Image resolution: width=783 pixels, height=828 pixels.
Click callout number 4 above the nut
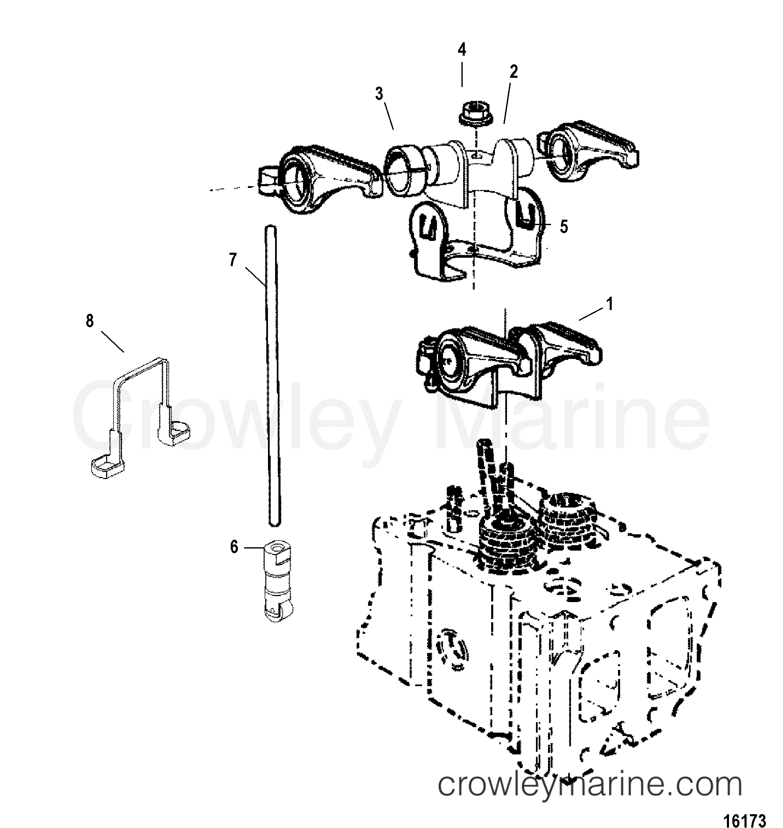click(x=461, y=50)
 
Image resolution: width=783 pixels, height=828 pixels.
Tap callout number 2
click(x=513, y=72)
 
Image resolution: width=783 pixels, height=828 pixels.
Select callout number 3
click(x=379, y=94)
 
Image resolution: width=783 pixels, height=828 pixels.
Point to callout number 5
click(x=564, y=227)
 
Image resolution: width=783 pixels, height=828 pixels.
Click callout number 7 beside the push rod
click(x=233, y=260)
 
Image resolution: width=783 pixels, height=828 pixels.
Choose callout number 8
click(x=90, y=322)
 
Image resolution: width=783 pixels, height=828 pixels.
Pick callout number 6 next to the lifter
click(x=234, y=547)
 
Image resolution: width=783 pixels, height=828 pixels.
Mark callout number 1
click(x=610, y=304)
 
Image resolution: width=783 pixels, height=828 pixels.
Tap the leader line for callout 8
click(x=112, y=341)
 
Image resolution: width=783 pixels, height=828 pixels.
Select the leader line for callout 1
click(x=590, y=314)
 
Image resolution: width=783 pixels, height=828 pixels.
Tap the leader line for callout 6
click(x=254, y=547)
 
